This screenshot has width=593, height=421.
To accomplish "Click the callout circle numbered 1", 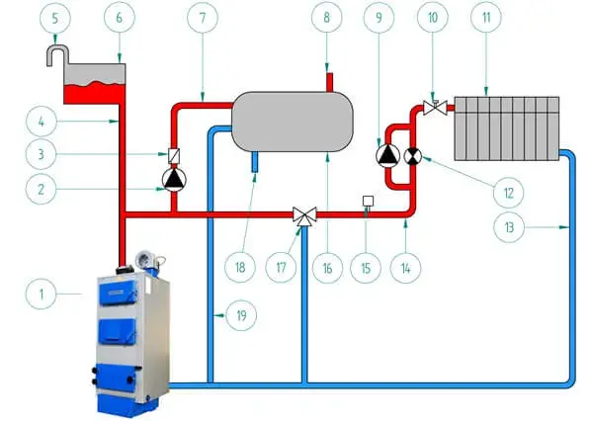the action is click(41, 294).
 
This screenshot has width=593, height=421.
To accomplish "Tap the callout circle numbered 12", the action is click(509, 193).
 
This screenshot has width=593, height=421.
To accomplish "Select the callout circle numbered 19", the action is click(241, 315).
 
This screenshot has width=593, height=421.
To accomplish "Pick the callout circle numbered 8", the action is click(327, 17).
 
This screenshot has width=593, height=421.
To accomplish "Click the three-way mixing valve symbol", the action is click(304, 216).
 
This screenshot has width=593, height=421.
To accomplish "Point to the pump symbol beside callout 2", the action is click(174, 179).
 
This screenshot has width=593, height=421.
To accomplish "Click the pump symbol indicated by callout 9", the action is click(388, 155).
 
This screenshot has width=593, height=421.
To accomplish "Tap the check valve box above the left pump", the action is click(174, 156).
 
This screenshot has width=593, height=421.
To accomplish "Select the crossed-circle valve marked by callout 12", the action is click(413, 156).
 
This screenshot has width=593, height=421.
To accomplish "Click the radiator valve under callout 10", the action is click(435, 108).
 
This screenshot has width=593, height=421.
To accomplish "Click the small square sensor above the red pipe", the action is click(368, 202).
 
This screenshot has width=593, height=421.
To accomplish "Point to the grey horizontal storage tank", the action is click(293, 122).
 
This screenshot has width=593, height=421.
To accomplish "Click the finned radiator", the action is click(507, 128).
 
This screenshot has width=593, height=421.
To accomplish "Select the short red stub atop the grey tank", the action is click(329, 82).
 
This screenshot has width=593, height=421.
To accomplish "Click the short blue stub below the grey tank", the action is click(255, 162).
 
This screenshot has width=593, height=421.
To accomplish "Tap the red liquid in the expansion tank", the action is click(95, 94).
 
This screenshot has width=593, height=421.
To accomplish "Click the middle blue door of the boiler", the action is click(118, 332).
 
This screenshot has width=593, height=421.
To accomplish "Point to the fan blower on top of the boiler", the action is click(146, 260).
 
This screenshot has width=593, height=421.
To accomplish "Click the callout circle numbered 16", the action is click(327, 268).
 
